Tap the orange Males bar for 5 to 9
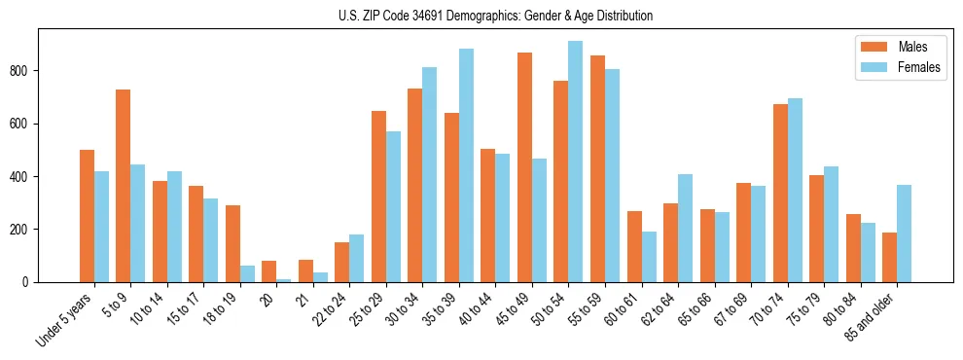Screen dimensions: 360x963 tap(124, 186)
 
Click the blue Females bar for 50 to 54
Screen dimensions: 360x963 tap(576, 162)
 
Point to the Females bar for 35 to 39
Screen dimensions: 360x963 tap(466, 165)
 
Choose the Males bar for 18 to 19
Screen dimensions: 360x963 tap(232, 243)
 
